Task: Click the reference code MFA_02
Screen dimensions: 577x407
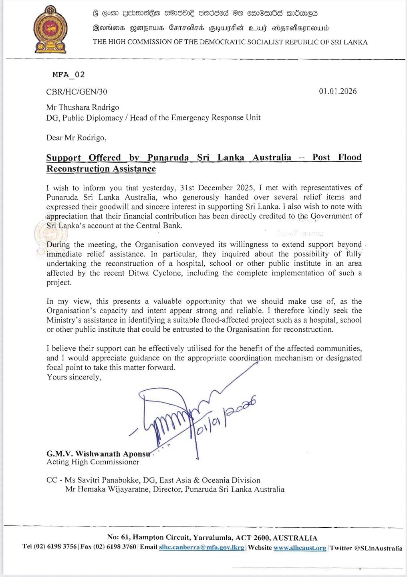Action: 69,75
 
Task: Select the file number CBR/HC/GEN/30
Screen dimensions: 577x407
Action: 77,92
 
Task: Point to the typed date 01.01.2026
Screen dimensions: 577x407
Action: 338,91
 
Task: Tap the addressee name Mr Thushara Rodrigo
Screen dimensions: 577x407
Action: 83,107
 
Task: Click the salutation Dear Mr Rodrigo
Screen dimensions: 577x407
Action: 76,138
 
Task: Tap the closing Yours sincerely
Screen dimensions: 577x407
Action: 74,377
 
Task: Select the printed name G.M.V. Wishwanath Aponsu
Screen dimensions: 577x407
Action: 98,454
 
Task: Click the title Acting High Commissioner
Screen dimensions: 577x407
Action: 93,462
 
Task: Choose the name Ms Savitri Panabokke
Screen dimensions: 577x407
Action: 103,480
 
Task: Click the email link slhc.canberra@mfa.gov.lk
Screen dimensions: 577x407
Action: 201,548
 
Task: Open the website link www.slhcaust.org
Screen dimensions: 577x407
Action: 300,548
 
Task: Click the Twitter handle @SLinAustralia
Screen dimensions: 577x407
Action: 378,548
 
